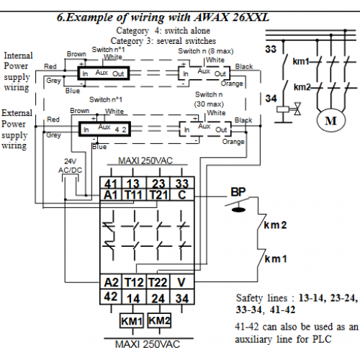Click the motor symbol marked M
pyautogui.click(x=331, y=120)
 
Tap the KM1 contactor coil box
pyautogui.click(x=132, y=320)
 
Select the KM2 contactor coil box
pyautogui.click(x=159, y=320)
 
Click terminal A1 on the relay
pyautogui.click(x=111, y=195)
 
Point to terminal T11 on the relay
pyautogui.click(x=134, y=195)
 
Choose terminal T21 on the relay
pyautogui.click(x=158, y=195)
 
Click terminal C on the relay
pyautogui.click(x=182, y=195)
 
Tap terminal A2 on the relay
pyautogui.click(x=111, y=282)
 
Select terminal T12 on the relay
pyautogui.click(x=134, y=282)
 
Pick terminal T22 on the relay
pyautogui.click(x=158, y=282)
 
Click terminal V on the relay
pyautogui.click(x=181, y=282)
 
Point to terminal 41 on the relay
pyautogui.click(x=111, y=184)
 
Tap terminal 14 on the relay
pyautogui.click(x=133, y=299)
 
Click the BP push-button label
pyautogui.click(x=238, y=192)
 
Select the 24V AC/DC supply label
pyautogui.click(x=70, y=166)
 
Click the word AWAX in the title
pyautogui.click(x=211, y=17)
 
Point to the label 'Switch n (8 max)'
pyautogui.click(x=206, y=51)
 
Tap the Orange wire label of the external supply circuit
pyautogui.click(x=233, y=142)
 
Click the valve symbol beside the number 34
pyautogui.click(x=297, y=109)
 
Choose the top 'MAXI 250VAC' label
pyautogui.click(x=145, y=161)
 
